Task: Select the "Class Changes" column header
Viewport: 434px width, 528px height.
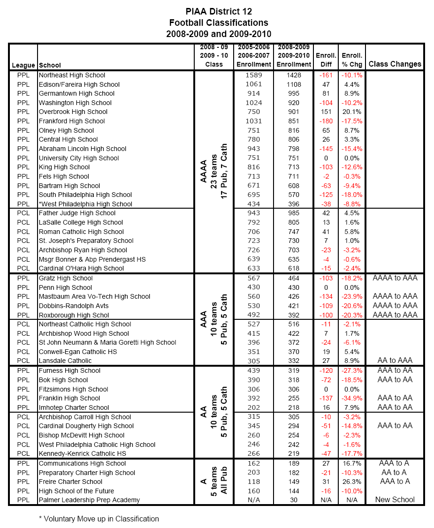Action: (x=395, y=64)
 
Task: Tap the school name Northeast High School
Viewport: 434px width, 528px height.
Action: (x=72, y=75)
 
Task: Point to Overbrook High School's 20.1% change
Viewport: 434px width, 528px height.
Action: (x=351, y=112)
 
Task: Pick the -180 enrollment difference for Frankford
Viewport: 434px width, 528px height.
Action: (x=325, y=121)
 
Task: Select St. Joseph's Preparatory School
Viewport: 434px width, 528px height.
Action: (x=86, y=241)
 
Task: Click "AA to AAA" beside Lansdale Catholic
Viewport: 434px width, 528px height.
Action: (x=395, y=361)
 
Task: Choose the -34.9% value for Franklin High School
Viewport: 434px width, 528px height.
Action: (x=351, y=398)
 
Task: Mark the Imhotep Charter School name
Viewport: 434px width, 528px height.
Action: (x=74, y=407)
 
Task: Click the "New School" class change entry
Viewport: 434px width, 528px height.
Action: (x=395, y=500)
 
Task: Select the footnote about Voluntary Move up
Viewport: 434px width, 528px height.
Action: (x=99, y=519)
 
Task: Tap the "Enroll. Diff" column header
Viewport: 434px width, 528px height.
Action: (x=326, y=60)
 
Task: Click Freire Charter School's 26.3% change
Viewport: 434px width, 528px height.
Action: (x=351, y=482)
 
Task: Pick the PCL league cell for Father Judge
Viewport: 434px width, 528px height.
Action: (x=23, y=213)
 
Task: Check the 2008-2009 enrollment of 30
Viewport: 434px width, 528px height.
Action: (x=294, y=500)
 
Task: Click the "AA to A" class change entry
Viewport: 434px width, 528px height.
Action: (x=395, y=472)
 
